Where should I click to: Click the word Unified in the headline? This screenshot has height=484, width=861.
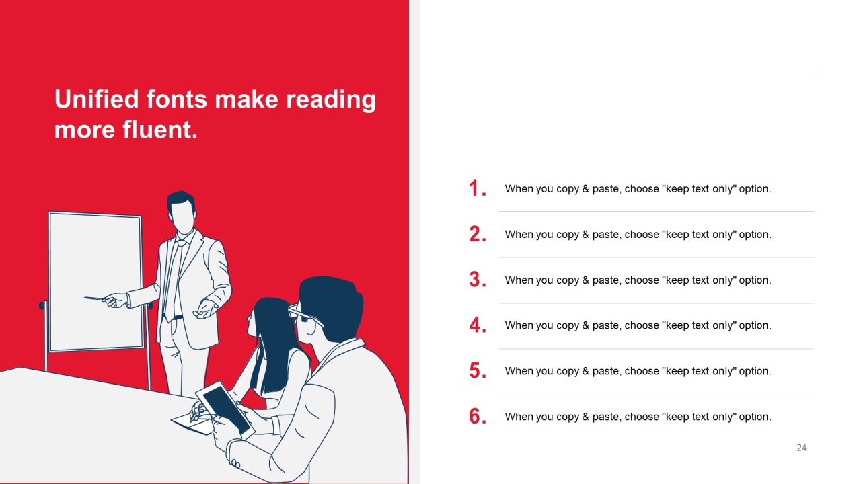click(96, 99)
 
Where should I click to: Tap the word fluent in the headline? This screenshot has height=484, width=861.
click(160, 130)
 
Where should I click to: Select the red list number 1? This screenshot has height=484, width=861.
click(477, 189)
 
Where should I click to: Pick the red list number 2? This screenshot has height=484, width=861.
click(478, 234)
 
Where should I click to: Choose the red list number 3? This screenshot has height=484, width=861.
click(478, 280)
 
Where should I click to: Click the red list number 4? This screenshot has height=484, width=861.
click(478, 325)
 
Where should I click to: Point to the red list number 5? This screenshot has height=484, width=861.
click(478, 370)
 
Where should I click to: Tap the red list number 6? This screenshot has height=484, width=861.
click(478, 416)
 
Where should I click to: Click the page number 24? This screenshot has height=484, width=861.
click(801, 448)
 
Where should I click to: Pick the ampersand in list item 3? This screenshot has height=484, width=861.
click(585, 280)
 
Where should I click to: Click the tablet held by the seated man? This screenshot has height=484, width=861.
click(225, 410)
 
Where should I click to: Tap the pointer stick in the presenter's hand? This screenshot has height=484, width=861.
click(95, 298)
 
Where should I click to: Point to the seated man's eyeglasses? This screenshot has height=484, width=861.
click(305, 316)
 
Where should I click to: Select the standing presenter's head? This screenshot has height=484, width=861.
click(182, 212)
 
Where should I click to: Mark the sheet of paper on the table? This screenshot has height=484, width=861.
click(192, 424)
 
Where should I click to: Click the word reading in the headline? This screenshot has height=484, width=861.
click(331, 101)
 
